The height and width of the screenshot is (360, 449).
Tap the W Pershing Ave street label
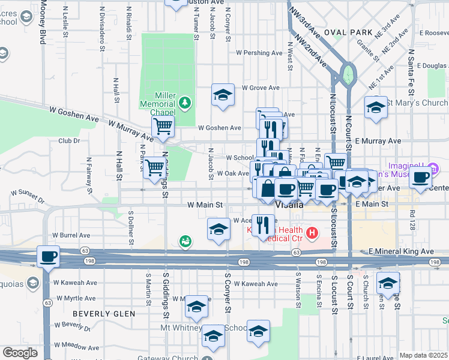pos(259,53)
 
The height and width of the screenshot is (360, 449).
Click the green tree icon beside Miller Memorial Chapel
pos(185,102)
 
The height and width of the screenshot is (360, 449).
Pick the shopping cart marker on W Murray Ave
pos(163,127)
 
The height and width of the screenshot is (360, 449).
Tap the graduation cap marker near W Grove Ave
pos(223,95)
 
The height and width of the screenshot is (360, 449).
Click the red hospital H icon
pos(312,232)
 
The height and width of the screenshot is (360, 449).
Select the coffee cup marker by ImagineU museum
pos(421,176)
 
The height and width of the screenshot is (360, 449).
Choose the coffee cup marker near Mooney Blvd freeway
pos(48,256)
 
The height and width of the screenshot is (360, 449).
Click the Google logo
pos(20,353)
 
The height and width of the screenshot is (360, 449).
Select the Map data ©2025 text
pos(424,355)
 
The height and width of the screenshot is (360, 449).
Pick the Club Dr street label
pos(69,141)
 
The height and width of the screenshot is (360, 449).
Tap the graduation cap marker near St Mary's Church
pos(376,108)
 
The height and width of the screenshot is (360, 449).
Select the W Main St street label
pos(205,205)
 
